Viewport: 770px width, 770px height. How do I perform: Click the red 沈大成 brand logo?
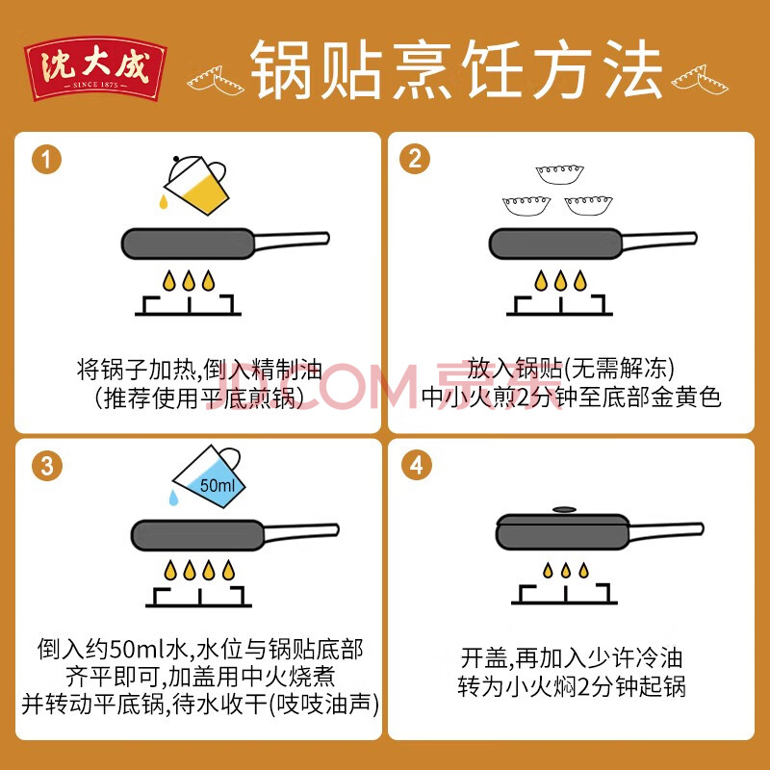pyautogui.click(x=95, y=68)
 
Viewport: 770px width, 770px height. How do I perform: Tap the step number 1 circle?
pyautogui.click(x=46, y=160)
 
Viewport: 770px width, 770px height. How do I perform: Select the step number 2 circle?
pyautogui.click(x=415, y=159)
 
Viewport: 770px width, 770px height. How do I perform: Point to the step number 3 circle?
pyautogui.click(x=47, y=466)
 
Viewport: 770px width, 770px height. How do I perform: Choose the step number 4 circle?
pyautogui.click(x=417, y=465)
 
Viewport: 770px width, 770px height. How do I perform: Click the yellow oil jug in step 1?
pyautogui.click(x=196, y=185)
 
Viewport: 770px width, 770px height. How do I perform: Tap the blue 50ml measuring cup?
pyautogui.click(x=209, y=475)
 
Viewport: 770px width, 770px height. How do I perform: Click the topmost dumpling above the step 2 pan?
pyautogui.click(x=559, y=175)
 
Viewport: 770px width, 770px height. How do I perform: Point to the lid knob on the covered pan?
pyautogui.click(x=564, y=510)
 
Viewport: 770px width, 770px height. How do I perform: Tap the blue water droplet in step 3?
pyautogui.click(x=173, y=498)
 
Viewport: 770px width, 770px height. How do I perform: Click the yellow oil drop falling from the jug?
pyautogui.click(x=164, y=201)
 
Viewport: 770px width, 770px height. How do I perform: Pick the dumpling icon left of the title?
pyautogui.click(x=215, y=81)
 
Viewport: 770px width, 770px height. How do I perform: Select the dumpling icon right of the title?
pyautogui.click(x=700, y=80)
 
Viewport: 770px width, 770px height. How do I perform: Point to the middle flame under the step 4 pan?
pyautogui.click(x=566, y=570)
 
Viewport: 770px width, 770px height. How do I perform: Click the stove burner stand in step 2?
pyautogui.click(x=559, y=305)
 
